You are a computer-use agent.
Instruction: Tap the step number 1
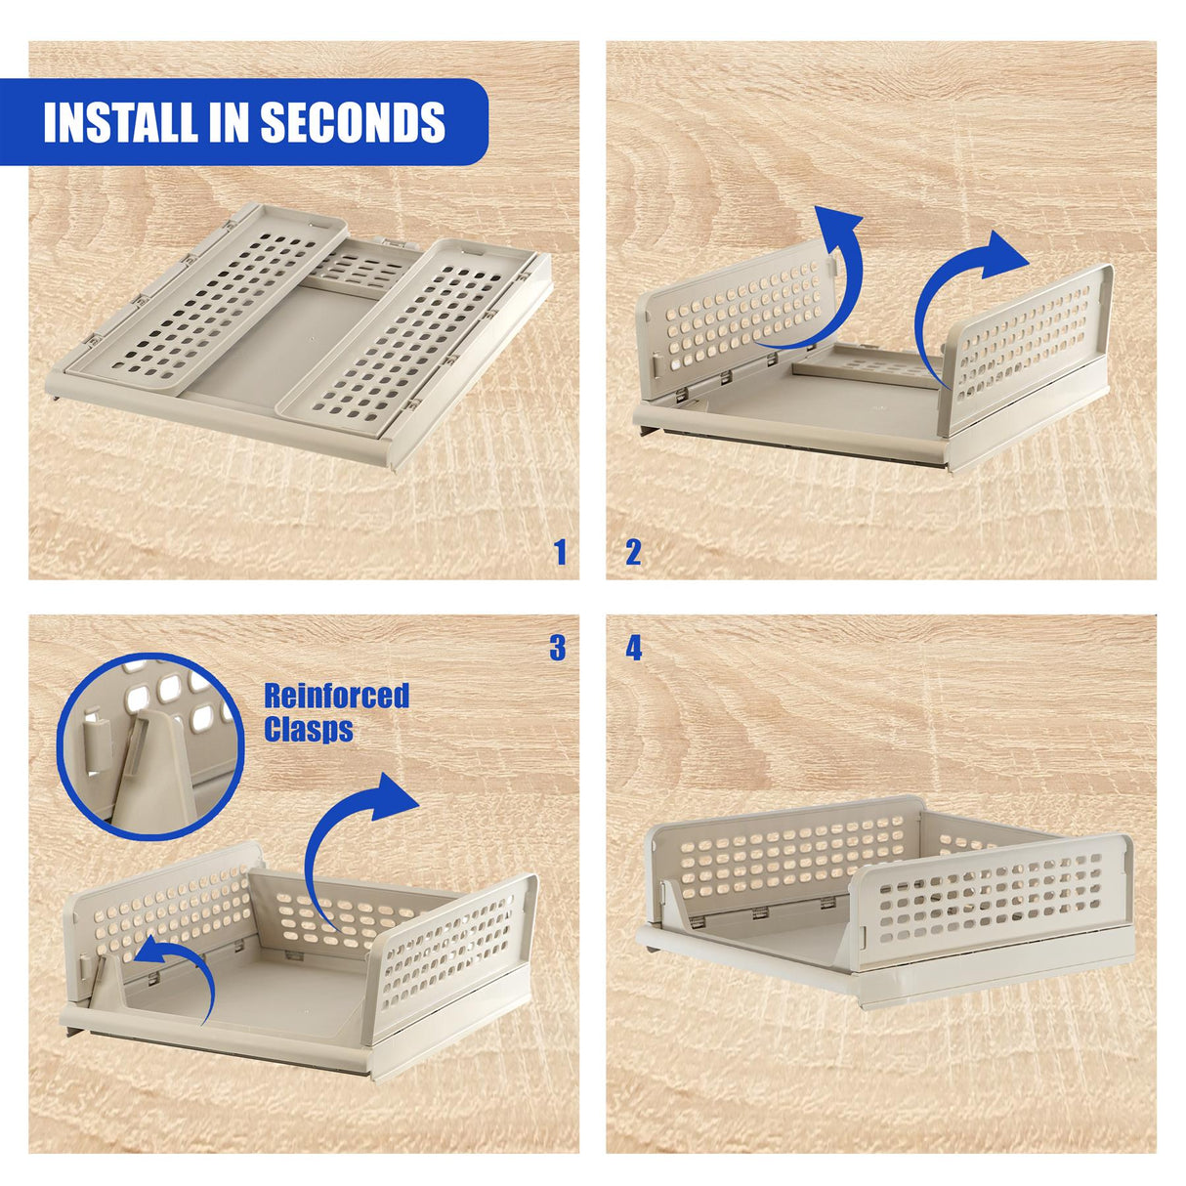(x=560, y=553)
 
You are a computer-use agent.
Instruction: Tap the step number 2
(x=633, y=553)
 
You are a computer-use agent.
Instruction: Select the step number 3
(x=557, y=648)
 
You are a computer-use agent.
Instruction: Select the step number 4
(x=634, y=649)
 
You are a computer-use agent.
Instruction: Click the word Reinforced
(x=336, y=696)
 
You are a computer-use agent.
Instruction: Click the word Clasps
(x=308, y=730)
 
